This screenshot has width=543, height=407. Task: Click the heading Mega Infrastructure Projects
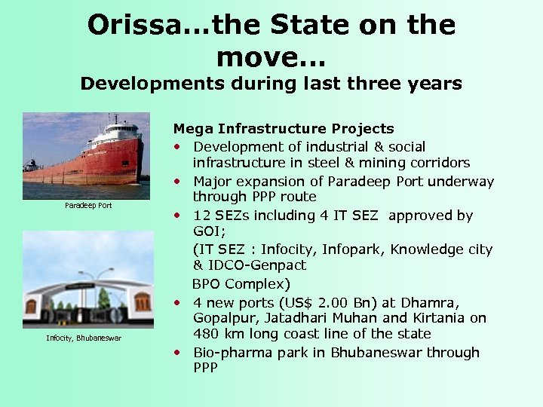coord(284,129)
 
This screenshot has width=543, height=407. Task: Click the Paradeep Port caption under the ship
coord(88,205)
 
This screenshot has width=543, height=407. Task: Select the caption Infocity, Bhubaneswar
coord(84,338)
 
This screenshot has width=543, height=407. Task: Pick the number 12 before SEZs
coord(201,216)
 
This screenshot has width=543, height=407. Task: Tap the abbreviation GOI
coord(206,231)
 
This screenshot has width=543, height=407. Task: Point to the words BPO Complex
coord(241,284)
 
